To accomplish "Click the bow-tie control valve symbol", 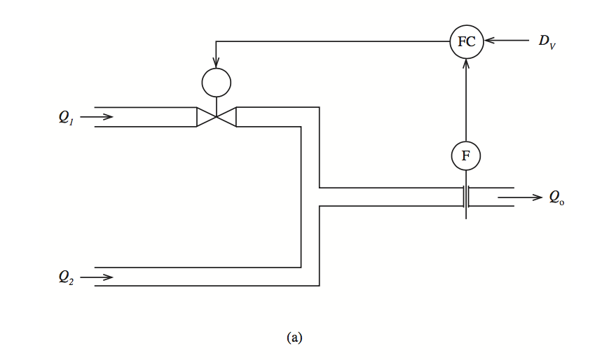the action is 216,116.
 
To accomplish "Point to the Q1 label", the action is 66,117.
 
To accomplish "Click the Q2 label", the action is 66,277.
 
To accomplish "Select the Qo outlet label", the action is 556,197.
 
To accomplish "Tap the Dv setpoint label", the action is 547,42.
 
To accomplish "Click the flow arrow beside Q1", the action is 97,116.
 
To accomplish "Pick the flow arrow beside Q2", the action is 97,277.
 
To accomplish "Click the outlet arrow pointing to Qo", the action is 520,197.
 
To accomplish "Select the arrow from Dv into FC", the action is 507,41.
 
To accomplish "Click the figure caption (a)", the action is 294,338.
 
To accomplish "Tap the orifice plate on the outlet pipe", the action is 466,197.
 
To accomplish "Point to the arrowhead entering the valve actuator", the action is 216,63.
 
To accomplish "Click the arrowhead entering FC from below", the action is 466,64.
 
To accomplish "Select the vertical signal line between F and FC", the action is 466,100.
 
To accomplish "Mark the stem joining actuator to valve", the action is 216,106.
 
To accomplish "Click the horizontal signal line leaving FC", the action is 333,41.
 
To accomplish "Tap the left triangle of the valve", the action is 205,116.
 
